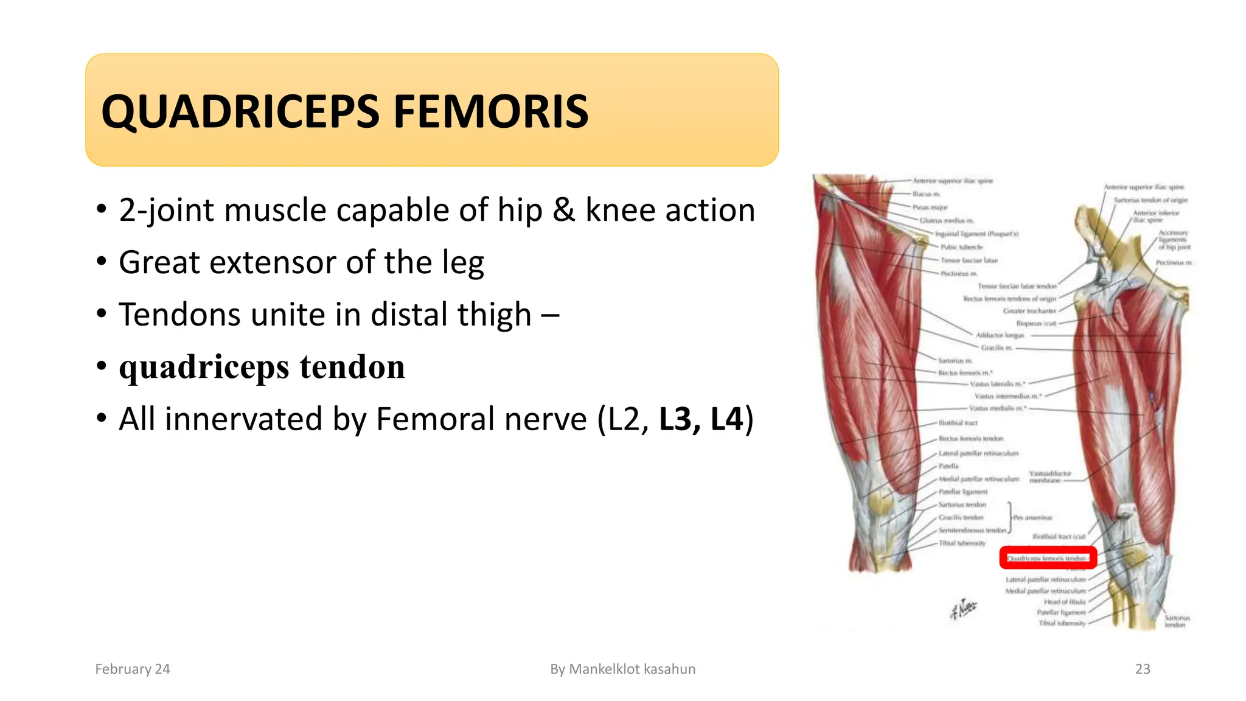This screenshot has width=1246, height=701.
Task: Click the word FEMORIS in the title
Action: pyautogui.click(x=491, y=112)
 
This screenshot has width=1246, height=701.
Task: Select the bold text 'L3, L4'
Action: pyautogui.click(x=701, y=419)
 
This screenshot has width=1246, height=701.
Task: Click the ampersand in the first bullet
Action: pyautogui.click(x=563, y=211)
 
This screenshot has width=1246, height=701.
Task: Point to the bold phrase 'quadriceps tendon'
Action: pyautogui.click(x=262, y=367)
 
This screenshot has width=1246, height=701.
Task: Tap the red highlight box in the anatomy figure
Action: pyautogui.click(x=1048, y=557)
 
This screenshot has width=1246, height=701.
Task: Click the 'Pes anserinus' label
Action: pyautogui.click(x=1032, y=518)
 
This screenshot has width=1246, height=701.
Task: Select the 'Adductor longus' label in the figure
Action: pyautogui.click(x=1000, y=335)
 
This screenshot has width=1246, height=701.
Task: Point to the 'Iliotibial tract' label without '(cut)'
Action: pyautogui.click(x=958, y=423)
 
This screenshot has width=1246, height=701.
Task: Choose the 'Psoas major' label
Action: pyautogui.click(x=930, y=208)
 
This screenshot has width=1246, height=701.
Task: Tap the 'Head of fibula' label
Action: pyautogui.click(x=1064, y=602)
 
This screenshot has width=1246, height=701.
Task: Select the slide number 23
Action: pyautogui.click(x=1143, y=669)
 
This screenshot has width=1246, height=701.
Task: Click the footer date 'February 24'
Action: pyautogui.click(x=133, y=669)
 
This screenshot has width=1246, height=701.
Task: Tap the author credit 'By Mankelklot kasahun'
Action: pyautogui.click(x=622, y=669)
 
